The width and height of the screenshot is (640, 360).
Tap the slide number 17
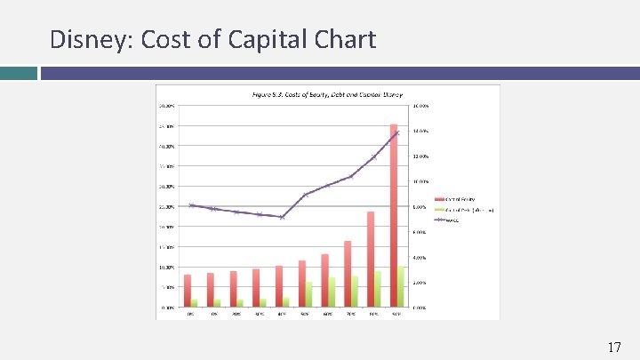613,347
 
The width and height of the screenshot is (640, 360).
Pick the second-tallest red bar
371,259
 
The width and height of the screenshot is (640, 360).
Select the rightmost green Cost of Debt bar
401,286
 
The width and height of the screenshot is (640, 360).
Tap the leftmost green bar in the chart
195,303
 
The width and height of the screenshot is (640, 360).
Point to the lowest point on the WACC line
282,217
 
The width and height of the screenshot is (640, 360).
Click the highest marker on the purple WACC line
397,132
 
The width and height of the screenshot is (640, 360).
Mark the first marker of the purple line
191,205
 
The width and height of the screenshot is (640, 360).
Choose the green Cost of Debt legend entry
462,210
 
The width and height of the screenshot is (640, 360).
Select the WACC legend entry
449,220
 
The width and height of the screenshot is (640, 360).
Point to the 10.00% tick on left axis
167,267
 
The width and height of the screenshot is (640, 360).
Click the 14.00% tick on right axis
420,132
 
